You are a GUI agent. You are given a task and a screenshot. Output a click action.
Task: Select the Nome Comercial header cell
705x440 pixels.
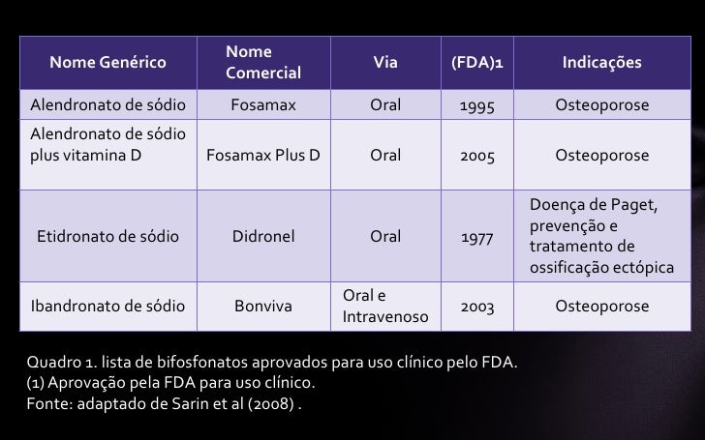[263, 63]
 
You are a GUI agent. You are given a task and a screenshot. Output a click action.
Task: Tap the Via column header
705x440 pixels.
[384, 63]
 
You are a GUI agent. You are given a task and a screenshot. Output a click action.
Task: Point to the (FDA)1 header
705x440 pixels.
[476, 63]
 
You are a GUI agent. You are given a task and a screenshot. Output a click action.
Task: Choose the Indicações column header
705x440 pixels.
[601, 63]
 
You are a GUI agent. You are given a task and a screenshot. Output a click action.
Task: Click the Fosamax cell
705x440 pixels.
[263, 104]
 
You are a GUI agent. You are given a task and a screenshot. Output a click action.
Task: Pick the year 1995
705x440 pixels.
[476, 104]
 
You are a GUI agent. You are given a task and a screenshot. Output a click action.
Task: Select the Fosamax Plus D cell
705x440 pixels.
[263, 156]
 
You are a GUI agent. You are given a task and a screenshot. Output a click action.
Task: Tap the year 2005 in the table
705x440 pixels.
[476, 156]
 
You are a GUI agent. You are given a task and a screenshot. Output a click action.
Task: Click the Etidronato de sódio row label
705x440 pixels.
[107, 236]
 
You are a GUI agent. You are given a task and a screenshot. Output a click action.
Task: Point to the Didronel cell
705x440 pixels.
[263, 236]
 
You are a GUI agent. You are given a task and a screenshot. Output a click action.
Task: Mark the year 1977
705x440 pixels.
[476, 236]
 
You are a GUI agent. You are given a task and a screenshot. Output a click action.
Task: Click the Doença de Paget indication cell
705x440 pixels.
[600, 236]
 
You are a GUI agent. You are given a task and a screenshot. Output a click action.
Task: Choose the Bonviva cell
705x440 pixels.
[263, 308]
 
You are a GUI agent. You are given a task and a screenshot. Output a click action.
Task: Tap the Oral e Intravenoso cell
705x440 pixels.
[384, 308]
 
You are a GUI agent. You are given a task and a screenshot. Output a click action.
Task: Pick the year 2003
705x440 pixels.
[476, 308]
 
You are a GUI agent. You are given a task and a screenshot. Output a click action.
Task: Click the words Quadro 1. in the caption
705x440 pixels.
[60, 364]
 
